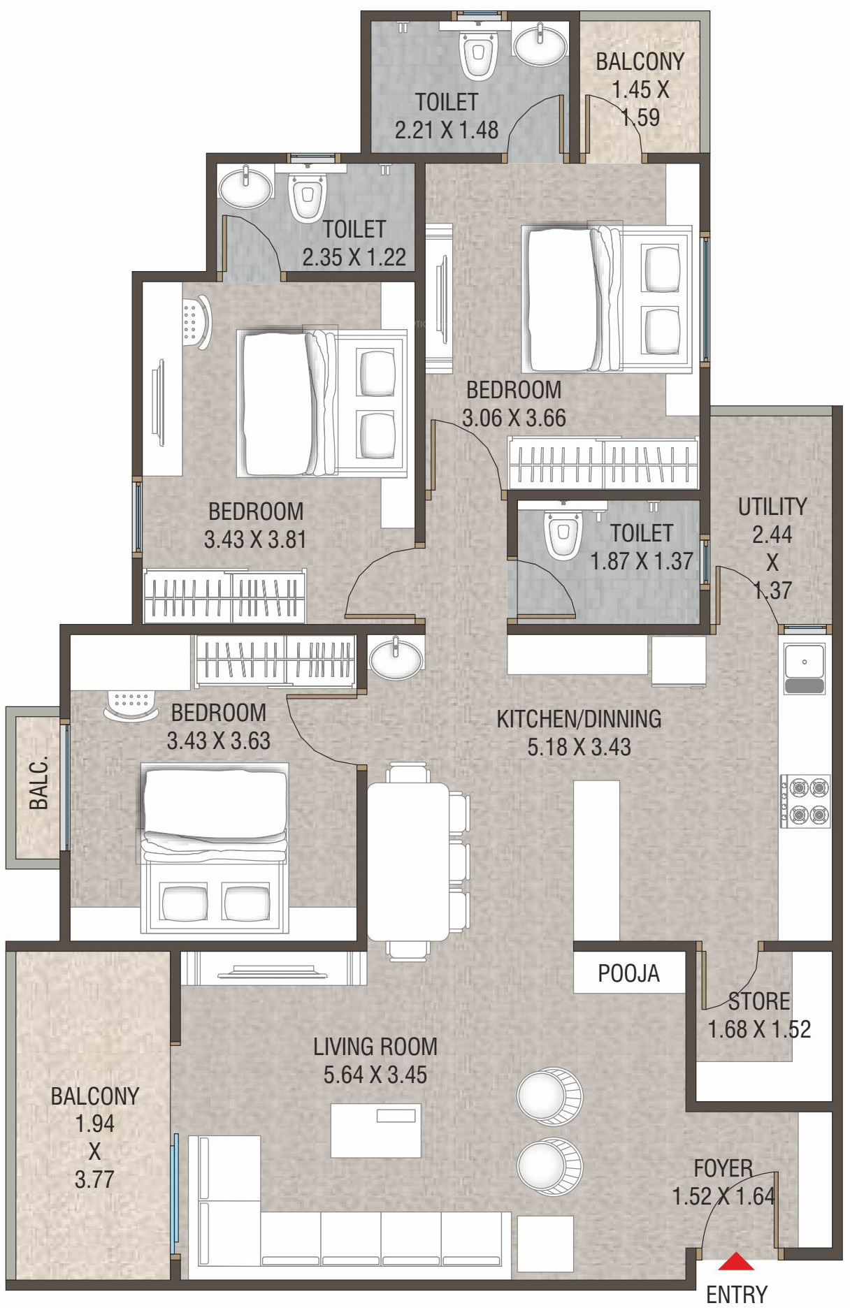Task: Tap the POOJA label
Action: pos(628,973)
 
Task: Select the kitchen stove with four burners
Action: pos(805,801)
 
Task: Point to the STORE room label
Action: pos(759,1001)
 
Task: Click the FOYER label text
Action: pos(723,1168)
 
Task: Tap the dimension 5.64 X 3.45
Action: pos(375,1074)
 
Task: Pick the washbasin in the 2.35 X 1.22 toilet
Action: pos(245,187)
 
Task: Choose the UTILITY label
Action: pos(772,507)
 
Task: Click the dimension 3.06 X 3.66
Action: pos(514,418)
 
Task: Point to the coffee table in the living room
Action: pos(376,1130)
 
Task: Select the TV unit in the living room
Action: pos(273,969)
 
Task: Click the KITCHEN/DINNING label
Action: pos(579,718)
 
